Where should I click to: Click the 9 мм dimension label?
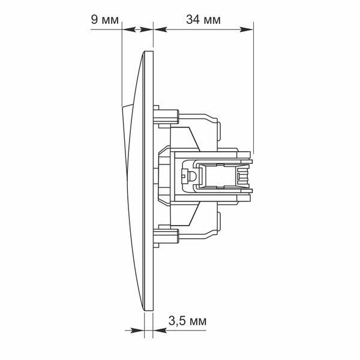click(x=105, y=20)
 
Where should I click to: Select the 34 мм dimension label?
click(x=203, y=20)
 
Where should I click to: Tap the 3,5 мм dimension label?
click(x=187, y=321)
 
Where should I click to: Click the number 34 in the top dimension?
click(x=193, y=20)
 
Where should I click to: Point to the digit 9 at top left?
click(x=94, y=20)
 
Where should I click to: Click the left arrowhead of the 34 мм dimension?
click(x=160, y=29)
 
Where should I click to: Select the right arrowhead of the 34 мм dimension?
click(x=247, y=29)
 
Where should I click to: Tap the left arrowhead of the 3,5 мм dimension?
click(x=137, y=331)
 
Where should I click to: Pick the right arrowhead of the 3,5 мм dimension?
click(x=160, y=331)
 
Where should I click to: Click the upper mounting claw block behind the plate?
click(x=166, y=116)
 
